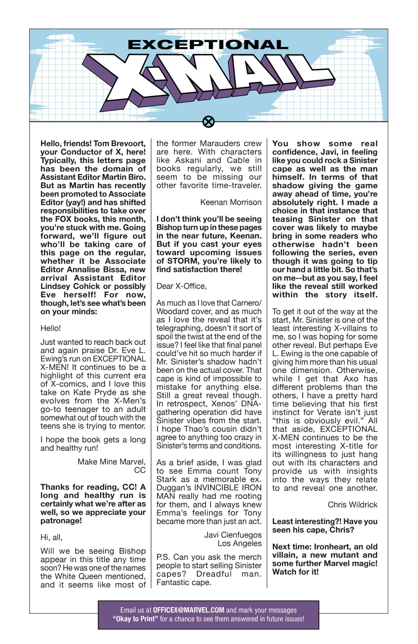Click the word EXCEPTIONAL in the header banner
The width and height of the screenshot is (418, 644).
tap(208, 45)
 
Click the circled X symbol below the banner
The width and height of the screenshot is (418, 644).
tap(209, 121)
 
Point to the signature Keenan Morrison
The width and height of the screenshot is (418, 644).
tap(231, 202)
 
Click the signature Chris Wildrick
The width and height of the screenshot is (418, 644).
tap(352, 505)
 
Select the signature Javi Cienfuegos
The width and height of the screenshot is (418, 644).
tap(233, 535)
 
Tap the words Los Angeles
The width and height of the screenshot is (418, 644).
tap(239, 543)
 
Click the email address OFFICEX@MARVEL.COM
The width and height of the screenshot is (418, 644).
tap(189, 610)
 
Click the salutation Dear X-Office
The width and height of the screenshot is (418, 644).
tap(181, 286)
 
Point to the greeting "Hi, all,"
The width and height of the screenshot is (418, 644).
tap(51, 537)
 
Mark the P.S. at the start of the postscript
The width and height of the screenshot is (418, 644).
tap(163, 557)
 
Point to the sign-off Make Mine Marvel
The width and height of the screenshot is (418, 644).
tap(111, 462)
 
